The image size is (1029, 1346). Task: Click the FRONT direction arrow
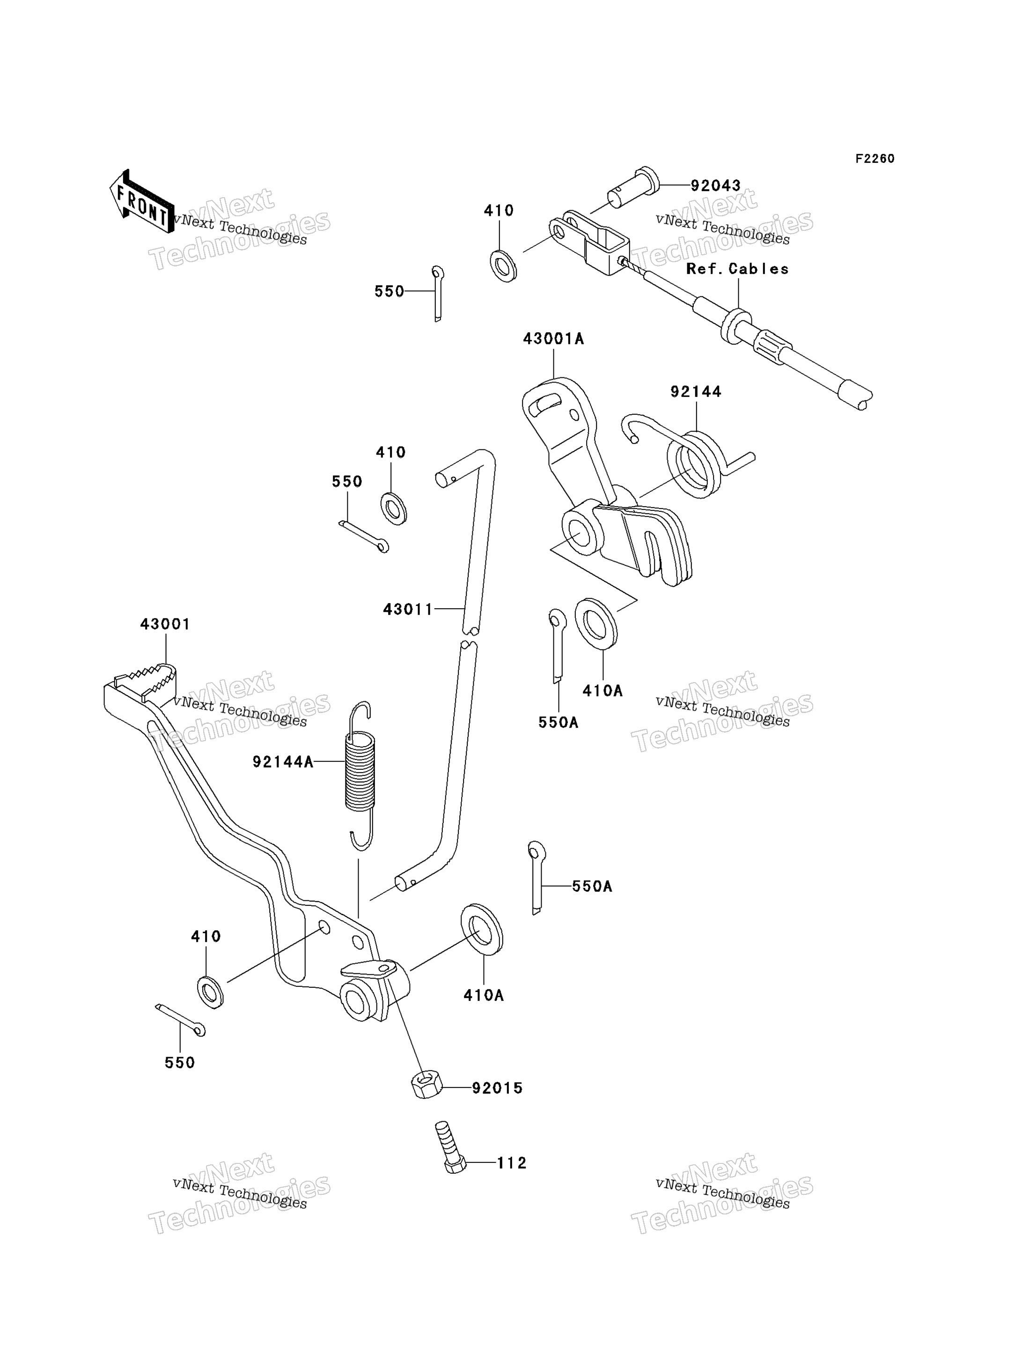click(141, 201)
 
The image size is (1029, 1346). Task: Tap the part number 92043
click(715, 185)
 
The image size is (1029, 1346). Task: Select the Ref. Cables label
click(737, 269)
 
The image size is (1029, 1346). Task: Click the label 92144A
click(283, 762)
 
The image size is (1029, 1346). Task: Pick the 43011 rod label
click(408, 609)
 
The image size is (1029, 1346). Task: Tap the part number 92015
click(497, 1088)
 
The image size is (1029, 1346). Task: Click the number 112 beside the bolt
click(511, 1163)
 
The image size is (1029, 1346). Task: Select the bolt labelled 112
click(451, 1147)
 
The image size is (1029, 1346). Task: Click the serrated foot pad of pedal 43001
click(145, 681)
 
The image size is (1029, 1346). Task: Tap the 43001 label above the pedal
click(165, 625)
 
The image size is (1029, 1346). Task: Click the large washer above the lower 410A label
click(481, 929)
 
